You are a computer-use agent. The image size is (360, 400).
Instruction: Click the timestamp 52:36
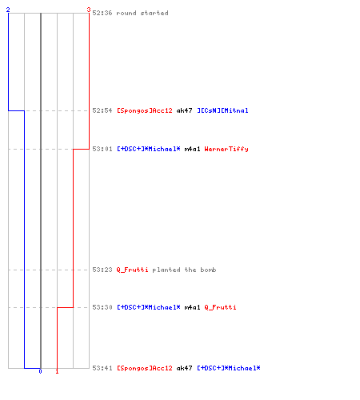[x=102, y=13]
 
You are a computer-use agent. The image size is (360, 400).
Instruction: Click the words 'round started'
[x=142, y=13]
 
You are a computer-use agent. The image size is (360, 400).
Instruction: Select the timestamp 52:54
[x=102, y=110]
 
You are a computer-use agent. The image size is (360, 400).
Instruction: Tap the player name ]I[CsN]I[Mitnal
[x=222, y=110]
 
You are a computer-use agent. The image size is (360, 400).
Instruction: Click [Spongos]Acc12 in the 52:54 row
[x=145, y=110]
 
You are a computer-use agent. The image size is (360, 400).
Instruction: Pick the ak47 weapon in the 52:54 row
[x=184, y=110]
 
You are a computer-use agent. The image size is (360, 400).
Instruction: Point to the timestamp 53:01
[x=102, y=149]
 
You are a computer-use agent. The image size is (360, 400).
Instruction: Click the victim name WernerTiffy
[x=226, y=149]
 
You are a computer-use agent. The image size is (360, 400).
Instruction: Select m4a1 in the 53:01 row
[x=192, y=149]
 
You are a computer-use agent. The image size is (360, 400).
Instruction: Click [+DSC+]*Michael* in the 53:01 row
[x=149, y=149]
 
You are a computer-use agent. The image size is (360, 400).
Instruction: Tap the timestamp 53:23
[x=102, y=270]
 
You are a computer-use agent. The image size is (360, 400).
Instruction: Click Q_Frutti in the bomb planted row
[x=132, y=270]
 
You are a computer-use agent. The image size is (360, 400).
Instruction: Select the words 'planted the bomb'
[x=184, y=270]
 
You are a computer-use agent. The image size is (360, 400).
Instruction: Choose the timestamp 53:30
[x=102, y=307]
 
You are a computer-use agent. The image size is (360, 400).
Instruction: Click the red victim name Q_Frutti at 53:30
[x=220, y=307]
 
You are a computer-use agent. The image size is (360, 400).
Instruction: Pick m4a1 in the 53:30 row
[x=192, y=307]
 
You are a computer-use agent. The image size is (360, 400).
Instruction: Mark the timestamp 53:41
[x=102, y=368]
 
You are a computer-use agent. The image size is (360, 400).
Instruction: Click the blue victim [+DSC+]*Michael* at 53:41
[x=229, y=368]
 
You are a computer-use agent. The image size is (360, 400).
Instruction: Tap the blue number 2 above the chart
[x=8, y=10]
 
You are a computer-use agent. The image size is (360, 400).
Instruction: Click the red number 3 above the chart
[x=89, y=10]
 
